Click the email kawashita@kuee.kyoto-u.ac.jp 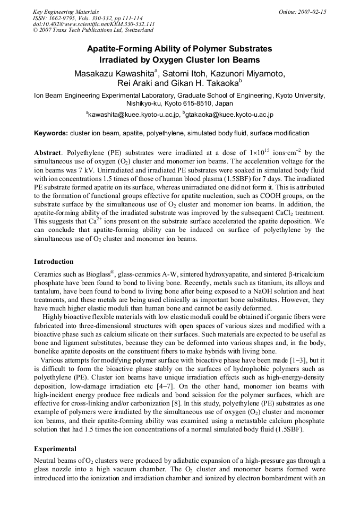click(x=132, y=114)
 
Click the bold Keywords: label click(x=51, y=133)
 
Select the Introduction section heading click(x=54, y=262)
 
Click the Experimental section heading click(x=55, y=448)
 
